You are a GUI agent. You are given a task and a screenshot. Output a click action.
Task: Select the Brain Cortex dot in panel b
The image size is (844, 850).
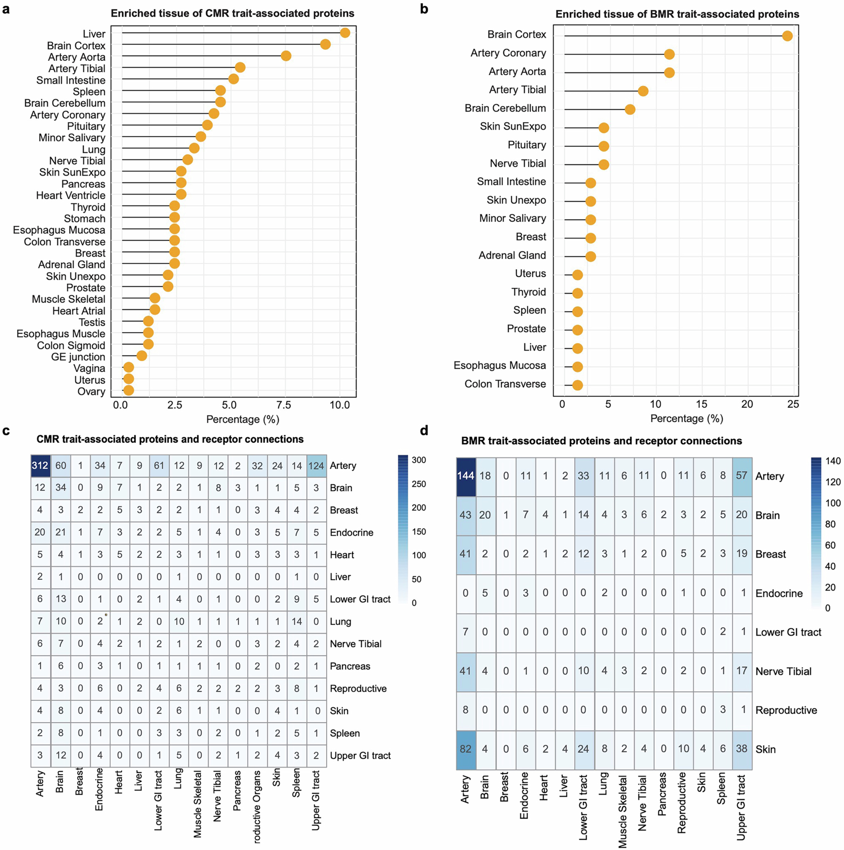point(787,36)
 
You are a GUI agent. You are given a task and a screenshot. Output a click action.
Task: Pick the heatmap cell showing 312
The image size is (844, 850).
point(40,465)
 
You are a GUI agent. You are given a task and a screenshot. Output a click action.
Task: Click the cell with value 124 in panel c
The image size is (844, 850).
point(316,465)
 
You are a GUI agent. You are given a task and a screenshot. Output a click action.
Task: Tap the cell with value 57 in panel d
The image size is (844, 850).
point(742,476)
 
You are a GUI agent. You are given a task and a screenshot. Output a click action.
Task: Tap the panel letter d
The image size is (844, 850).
point(424,431)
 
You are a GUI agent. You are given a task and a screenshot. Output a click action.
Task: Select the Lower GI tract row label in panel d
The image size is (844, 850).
point(788,632)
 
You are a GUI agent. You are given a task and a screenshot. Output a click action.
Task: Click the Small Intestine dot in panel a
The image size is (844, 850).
point(233,79)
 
